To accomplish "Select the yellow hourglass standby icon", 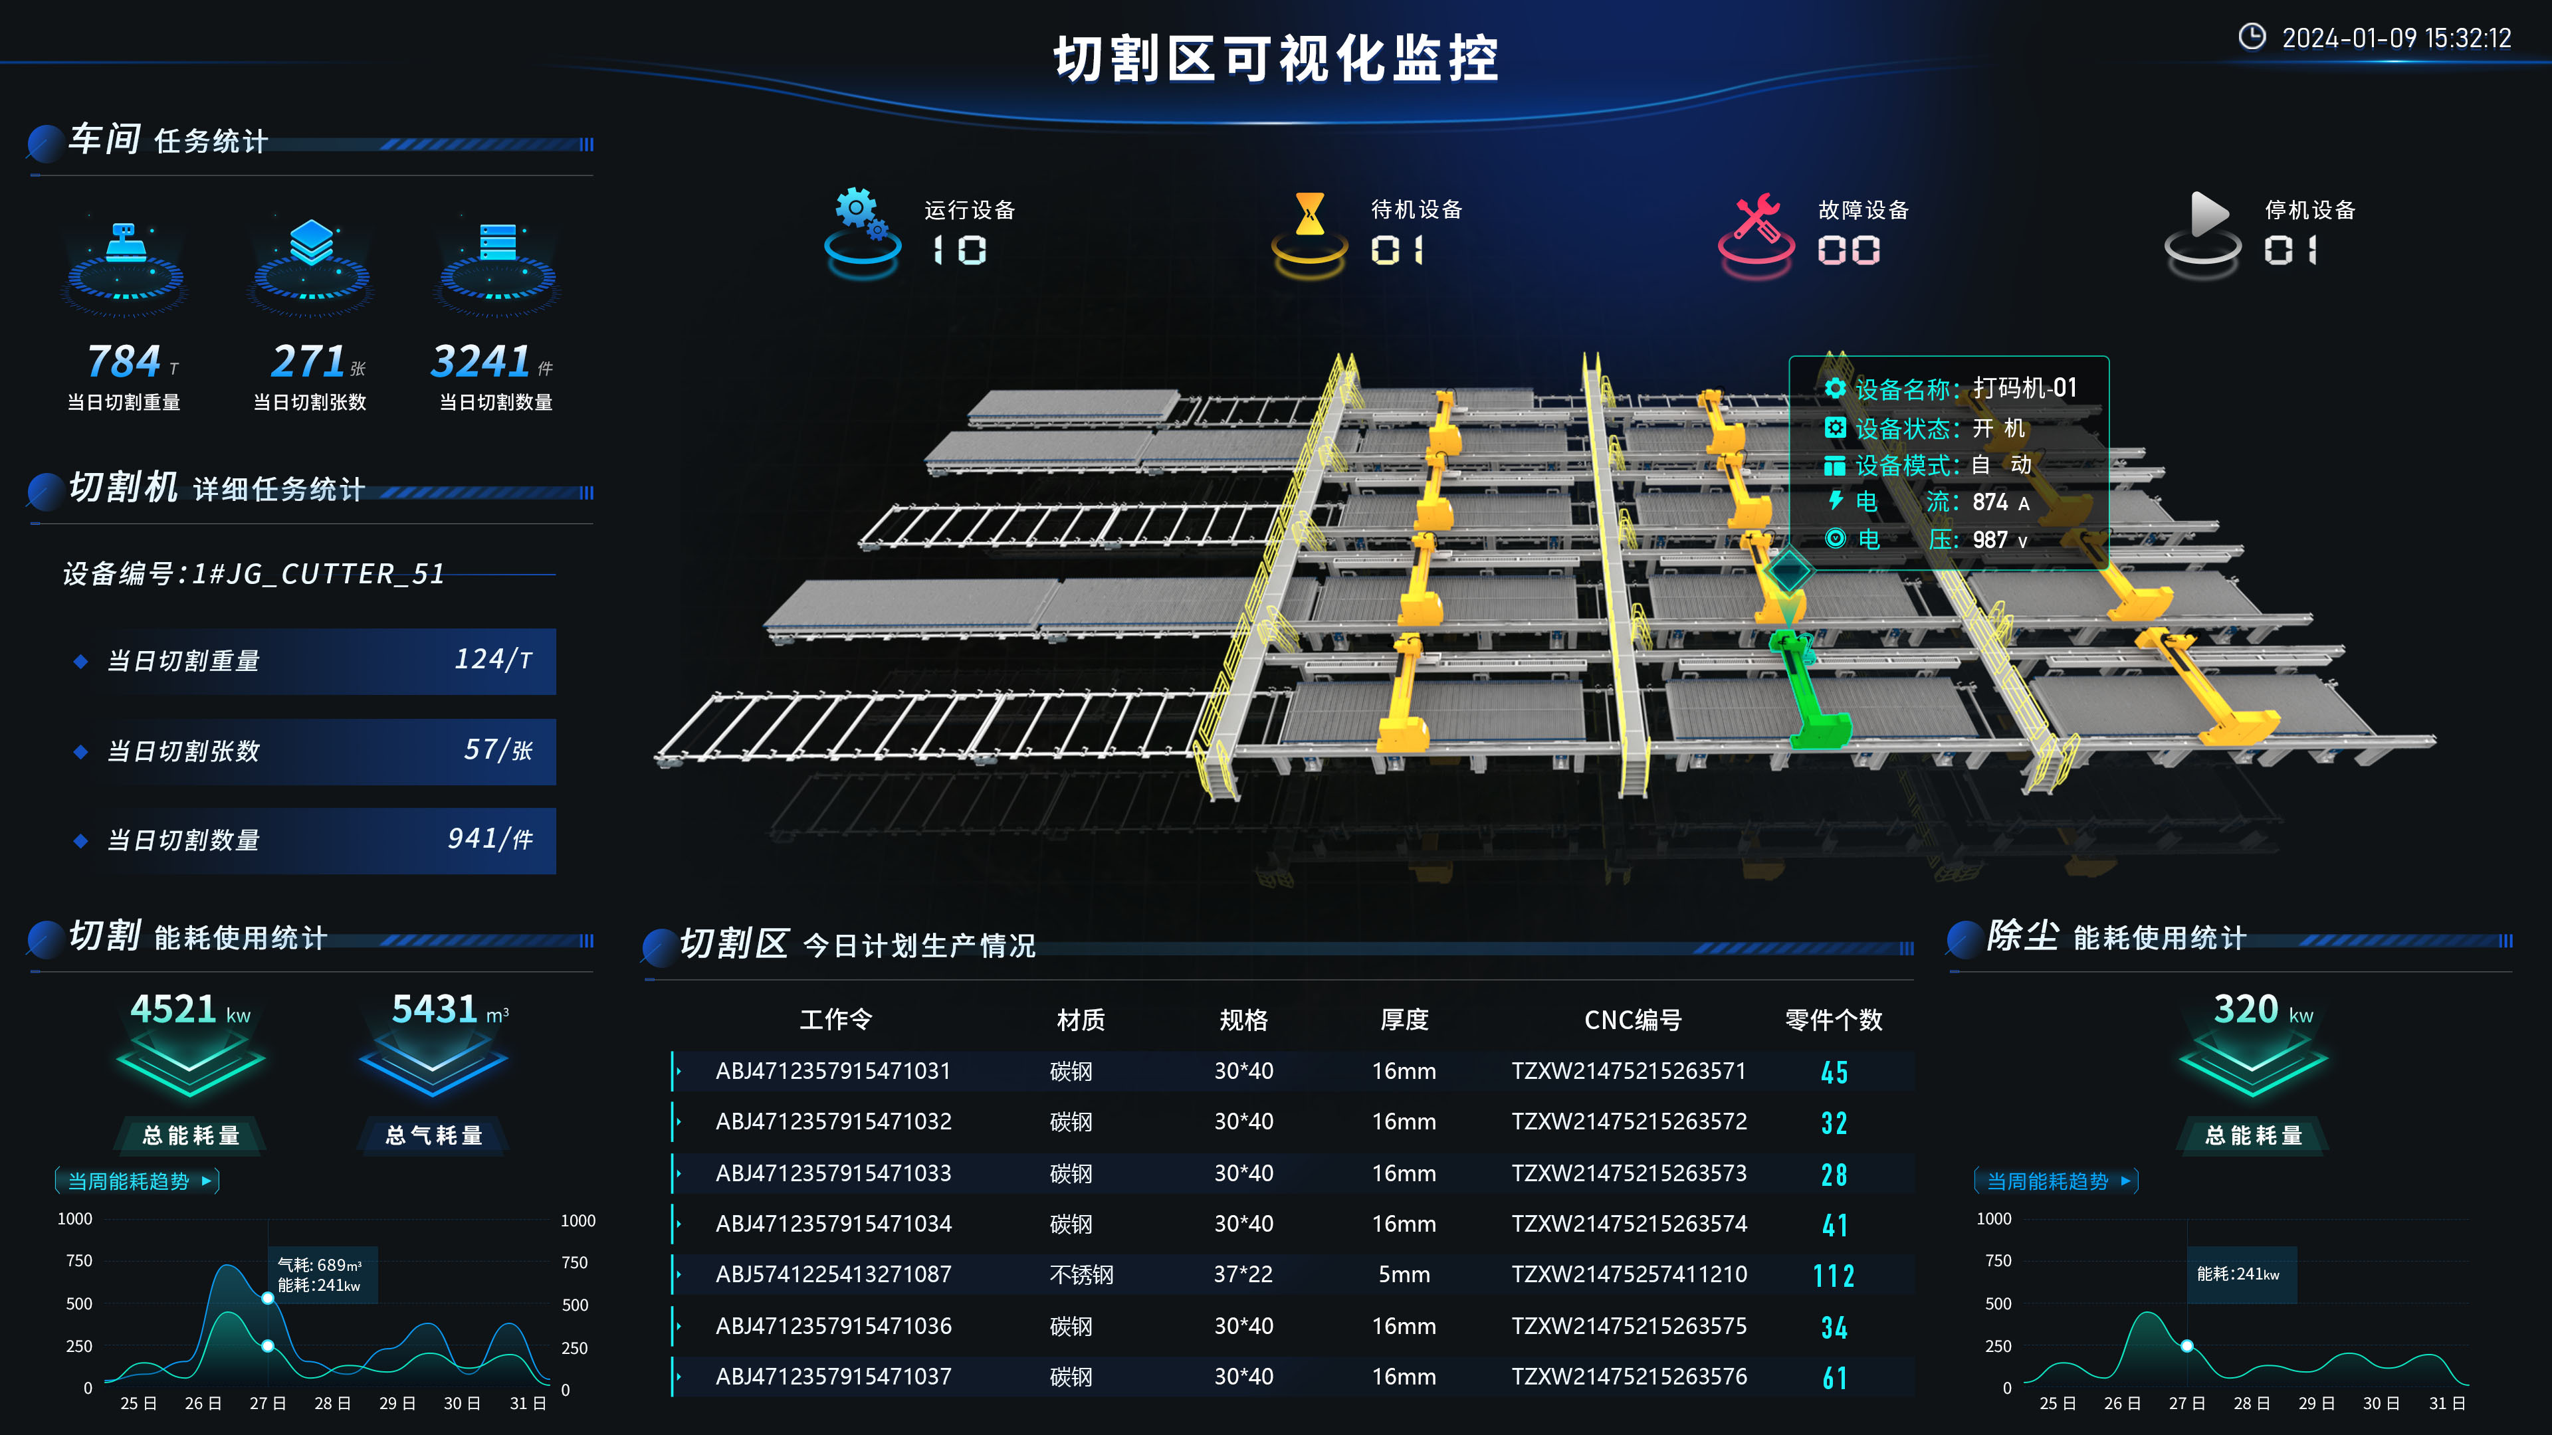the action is [1310, 230].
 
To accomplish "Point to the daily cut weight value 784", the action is [124, 361].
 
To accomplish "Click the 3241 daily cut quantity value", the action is [480, 361].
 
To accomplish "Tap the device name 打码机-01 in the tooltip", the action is [2024, 388].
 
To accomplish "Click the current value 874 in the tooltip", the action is [1989, 502].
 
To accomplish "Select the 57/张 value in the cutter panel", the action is [498, 749].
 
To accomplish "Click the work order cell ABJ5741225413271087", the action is [833, 1275].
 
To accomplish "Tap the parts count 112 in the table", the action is [1834, 1276].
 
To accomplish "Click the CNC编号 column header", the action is [1633, 1020].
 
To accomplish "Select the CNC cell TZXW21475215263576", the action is [1629, 1377].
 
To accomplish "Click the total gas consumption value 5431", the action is [435, 1009].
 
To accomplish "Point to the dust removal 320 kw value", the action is [2264, 1009].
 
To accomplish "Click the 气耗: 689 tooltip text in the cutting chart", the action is [319, 1265].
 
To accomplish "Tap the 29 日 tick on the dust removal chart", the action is [2316, 1403].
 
